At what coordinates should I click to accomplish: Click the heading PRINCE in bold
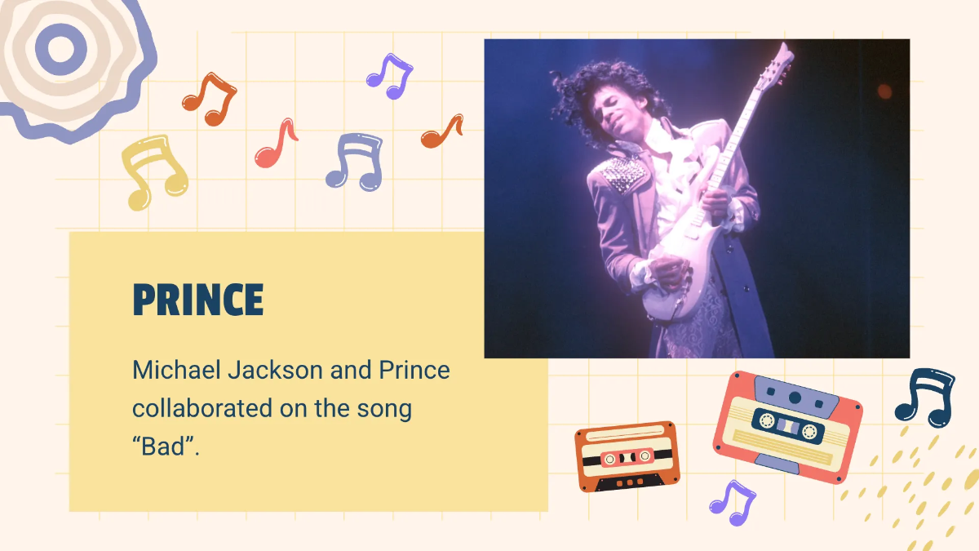click(x=198, y=300)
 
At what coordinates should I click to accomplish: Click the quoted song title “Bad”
click(x=166, y=446)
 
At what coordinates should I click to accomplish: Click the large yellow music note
click(x=154, y=171)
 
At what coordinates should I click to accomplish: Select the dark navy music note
click(x=925, y=397)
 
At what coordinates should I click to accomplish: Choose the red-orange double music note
click(x=209, y=98)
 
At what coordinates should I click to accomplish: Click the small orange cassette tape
click(x=627, y=456)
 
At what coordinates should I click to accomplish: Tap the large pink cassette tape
click(x=787, y=426)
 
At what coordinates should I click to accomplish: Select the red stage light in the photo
click(x=884, y=90)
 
